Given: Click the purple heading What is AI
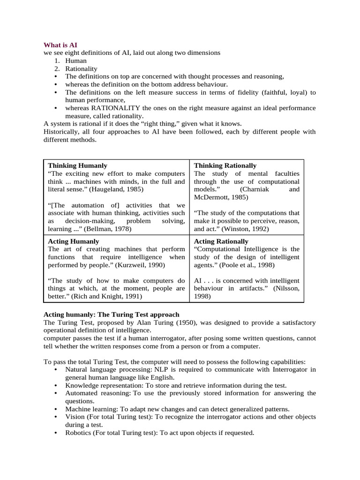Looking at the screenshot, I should (x=60, y=45).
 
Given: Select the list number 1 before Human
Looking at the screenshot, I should (x=56, y=60).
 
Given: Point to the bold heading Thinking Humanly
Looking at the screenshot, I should (x=77, y=165).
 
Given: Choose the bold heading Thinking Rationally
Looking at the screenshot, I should (x=225, y=165).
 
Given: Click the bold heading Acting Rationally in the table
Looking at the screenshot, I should (x=221, y=241).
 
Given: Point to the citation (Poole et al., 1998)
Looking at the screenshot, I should (x=246, y=265).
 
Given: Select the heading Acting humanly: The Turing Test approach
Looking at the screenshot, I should (x=111, y=314).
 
